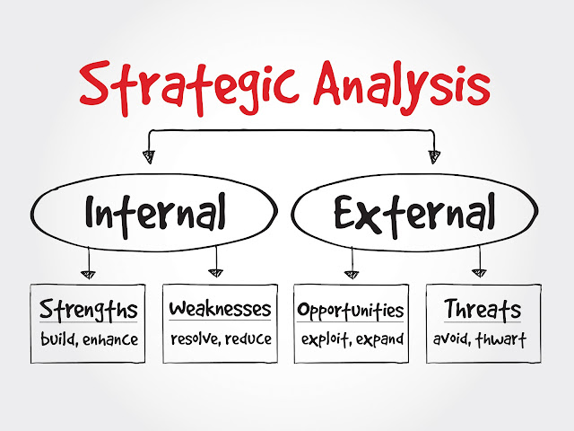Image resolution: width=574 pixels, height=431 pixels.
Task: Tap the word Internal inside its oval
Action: pos(155,214)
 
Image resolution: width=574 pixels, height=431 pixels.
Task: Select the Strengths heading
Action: pos(88,311)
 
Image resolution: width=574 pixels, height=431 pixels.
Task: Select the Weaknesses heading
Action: pos(220,310)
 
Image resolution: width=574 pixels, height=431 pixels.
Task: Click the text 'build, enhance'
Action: pos(88,339)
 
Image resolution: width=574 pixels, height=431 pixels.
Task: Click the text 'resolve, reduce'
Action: pos(220,339)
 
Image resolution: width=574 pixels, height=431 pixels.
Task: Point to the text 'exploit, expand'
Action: pos(351,339)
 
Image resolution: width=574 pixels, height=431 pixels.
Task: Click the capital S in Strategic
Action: pos(96,84)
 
